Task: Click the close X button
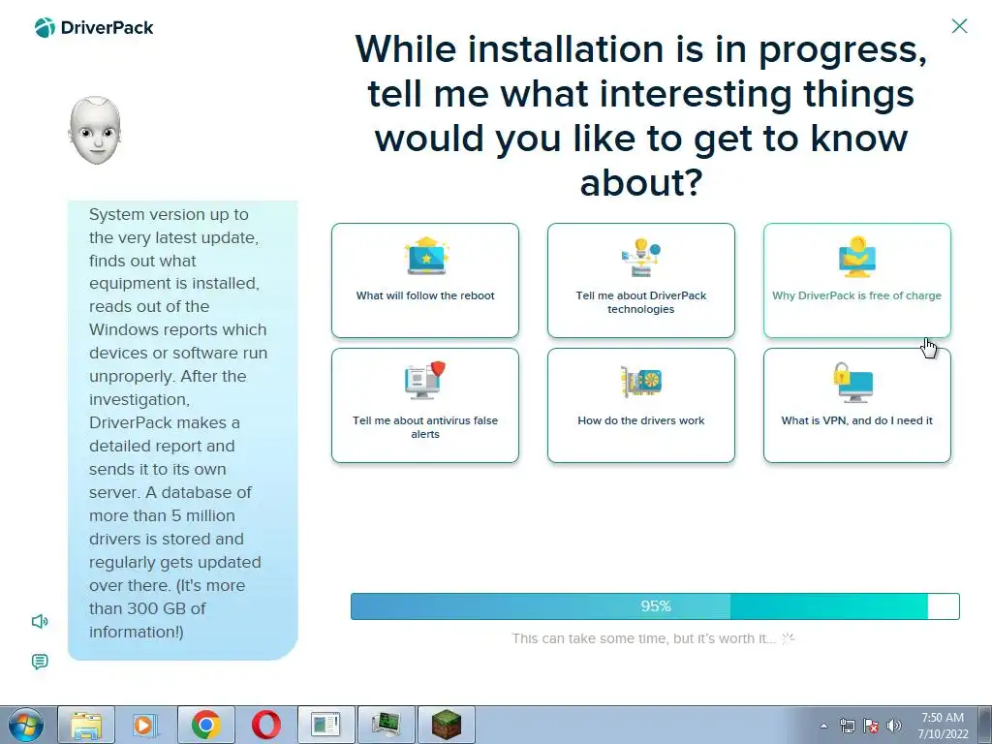(x=959, y=26)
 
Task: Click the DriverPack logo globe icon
(x=45, y=28)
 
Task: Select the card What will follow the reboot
(x=425, y=280)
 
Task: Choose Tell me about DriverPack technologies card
(x=641, y=280)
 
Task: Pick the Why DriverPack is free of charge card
(x=856, y=280)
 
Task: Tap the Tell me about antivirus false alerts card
(x=425, y=406)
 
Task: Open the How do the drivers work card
(x=641, y=406)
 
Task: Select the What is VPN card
(x=856, y=406)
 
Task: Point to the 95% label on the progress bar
(x=656, y=606)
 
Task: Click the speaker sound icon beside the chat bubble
(x=40, y=621)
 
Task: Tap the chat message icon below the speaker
(x=39, y=662)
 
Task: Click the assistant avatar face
(x=95, y=131)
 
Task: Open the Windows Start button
(x=26, y=725)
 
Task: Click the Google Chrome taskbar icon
(x=206, y=725)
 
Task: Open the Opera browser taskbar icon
(x=266, y=725)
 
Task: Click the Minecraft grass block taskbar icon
(x=447, y=725)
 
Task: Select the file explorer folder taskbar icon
(x=86, y=725)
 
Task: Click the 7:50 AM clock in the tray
(x=943, y=718)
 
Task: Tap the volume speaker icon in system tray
(x=894, y=726)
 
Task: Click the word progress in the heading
(x=843, y=50)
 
